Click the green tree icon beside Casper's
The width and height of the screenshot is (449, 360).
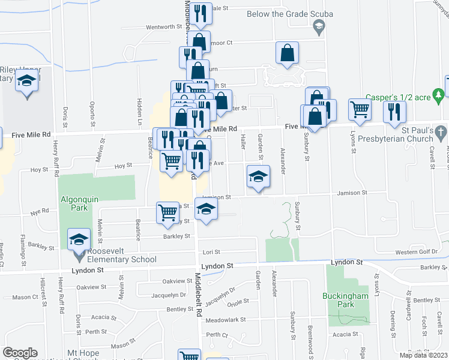point(439,94)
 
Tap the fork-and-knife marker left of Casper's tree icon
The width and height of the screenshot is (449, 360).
point(394,112)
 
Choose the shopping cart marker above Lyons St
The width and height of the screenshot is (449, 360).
point(360,109)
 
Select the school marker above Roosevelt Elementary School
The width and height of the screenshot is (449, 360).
point(77,241)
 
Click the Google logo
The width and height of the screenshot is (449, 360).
point(19,353)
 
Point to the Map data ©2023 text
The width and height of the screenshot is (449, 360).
point(423,355)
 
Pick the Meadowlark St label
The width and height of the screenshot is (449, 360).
point(226,320)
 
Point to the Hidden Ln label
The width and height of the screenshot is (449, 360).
point(139,111)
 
